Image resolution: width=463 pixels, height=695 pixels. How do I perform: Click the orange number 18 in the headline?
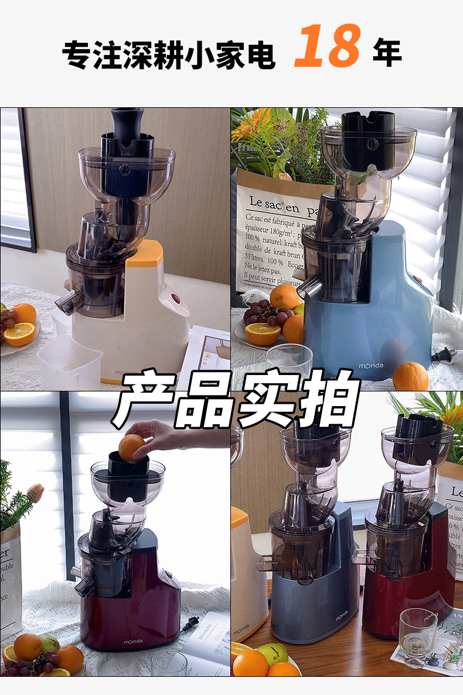click(x=326, y=46)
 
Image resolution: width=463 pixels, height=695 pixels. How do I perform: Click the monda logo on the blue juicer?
click(x=371, y=366)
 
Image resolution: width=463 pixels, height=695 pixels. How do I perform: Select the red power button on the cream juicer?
click(x=176, y=298)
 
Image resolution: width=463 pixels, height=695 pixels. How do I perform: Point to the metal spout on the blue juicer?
click(x=309, y=287)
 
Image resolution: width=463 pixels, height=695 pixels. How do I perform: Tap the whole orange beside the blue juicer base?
click(x=410, y=376)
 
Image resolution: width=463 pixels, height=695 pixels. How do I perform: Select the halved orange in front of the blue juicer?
click(x=263, y=333)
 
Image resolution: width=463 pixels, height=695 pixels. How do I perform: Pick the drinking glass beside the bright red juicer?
click(x=418, y=636)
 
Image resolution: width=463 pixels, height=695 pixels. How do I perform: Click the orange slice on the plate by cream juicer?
click(x=19, y=334)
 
